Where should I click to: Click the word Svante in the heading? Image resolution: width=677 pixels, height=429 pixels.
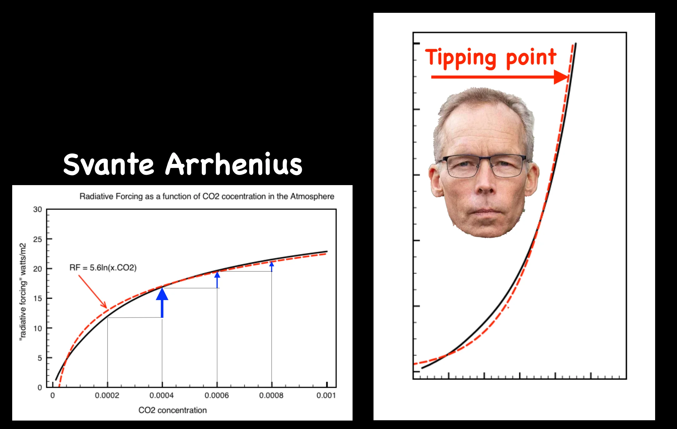(x=108, y=164)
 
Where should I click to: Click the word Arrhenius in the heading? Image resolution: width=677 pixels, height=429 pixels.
(x=233, y=164)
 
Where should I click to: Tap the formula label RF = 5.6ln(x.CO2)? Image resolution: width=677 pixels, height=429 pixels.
(x=103, y=268)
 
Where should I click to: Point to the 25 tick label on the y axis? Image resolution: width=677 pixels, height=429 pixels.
(x=38, y=240)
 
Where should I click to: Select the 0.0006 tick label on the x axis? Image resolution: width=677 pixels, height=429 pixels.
(x=217, y=396)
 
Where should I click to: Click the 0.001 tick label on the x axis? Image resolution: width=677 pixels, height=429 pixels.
(x=326, y=396)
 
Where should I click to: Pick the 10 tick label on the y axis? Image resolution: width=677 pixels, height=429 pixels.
(x=38, y=329)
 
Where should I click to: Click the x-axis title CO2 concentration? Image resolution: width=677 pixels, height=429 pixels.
(x=173, y=410)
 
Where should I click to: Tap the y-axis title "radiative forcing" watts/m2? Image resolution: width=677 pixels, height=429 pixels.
(x=23, y=292)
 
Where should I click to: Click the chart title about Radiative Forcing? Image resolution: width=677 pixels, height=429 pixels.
(x=207, y=196)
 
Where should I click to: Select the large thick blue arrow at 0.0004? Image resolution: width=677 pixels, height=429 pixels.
(x=162, y=302)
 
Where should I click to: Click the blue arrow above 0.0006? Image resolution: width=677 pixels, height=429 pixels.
(x=217, y=280)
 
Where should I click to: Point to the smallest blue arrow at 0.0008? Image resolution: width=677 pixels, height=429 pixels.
(x=272, y=267)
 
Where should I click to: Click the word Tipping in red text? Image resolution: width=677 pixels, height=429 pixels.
(x=460, y=58)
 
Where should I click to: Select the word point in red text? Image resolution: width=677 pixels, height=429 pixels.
(x=531, y=58)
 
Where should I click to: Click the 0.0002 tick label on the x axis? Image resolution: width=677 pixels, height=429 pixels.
(x=107, y=396)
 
